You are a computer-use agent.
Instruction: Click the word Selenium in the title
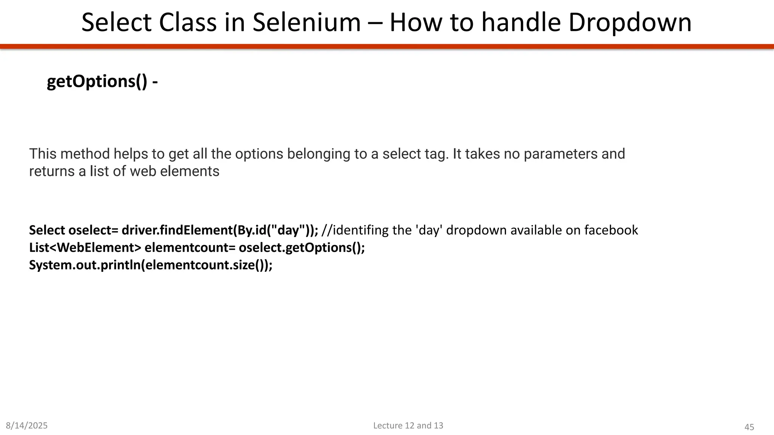coord(307,23)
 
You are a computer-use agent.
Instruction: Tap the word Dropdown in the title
coord(630,23)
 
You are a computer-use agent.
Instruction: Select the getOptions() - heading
coord(102,82)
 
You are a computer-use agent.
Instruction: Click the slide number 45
coord(749,427)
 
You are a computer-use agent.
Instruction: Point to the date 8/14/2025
coord(27,426)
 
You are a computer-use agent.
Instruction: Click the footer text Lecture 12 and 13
coord(408,426)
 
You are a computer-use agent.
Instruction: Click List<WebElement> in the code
coord(85,248)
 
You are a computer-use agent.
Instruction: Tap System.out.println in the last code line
coord(85,265)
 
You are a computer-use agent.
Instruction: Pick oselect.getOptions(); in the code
coord(302,248)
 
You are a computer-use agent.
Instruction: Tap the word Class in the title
coord(187,23)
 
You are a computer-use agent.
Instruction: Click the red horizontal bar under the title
coord(387,46)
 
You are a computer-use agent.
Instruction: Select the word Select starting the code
coord(47,230)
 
